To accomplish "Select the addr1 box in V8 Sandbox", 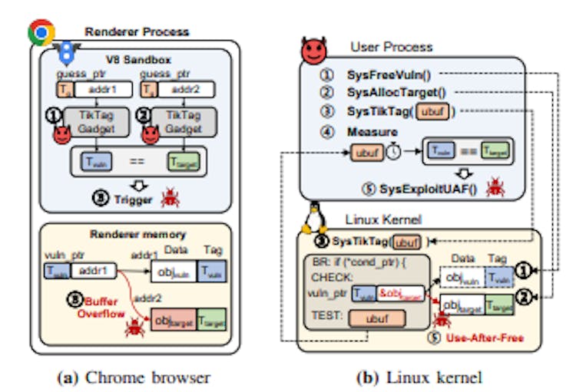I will pyautogui.click(x=104, y=89).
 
